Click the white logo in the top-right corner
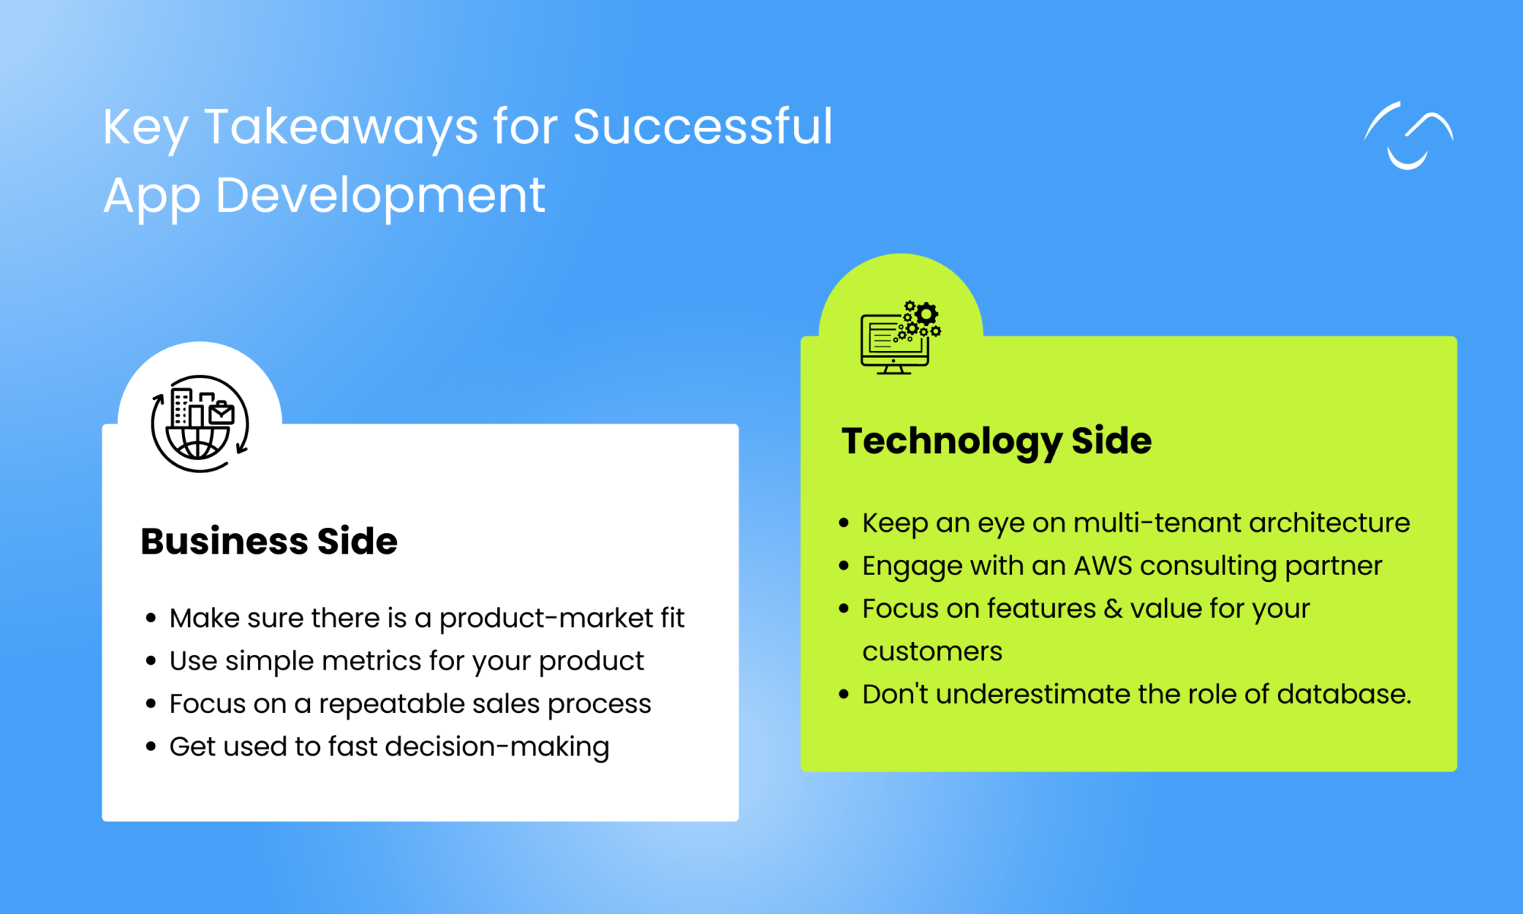tap(1408, 136)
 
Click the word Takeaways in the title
tap(340, 126)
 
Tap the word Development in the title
tap(380, 196)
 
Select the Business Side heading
tap(269, 542)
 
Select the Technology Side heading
tap(996, 441)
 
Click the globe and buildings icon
tap(200, 423)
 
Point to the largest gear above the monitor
tap(926, 314)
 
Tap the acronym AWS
tap(1103, 566)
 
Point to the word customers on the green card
tap(932, 652)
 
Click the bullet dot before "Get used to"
tap(151, 746)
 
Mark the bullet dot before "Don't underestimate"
tap(844, 695)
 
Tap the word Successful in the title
tap(702, 126)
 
